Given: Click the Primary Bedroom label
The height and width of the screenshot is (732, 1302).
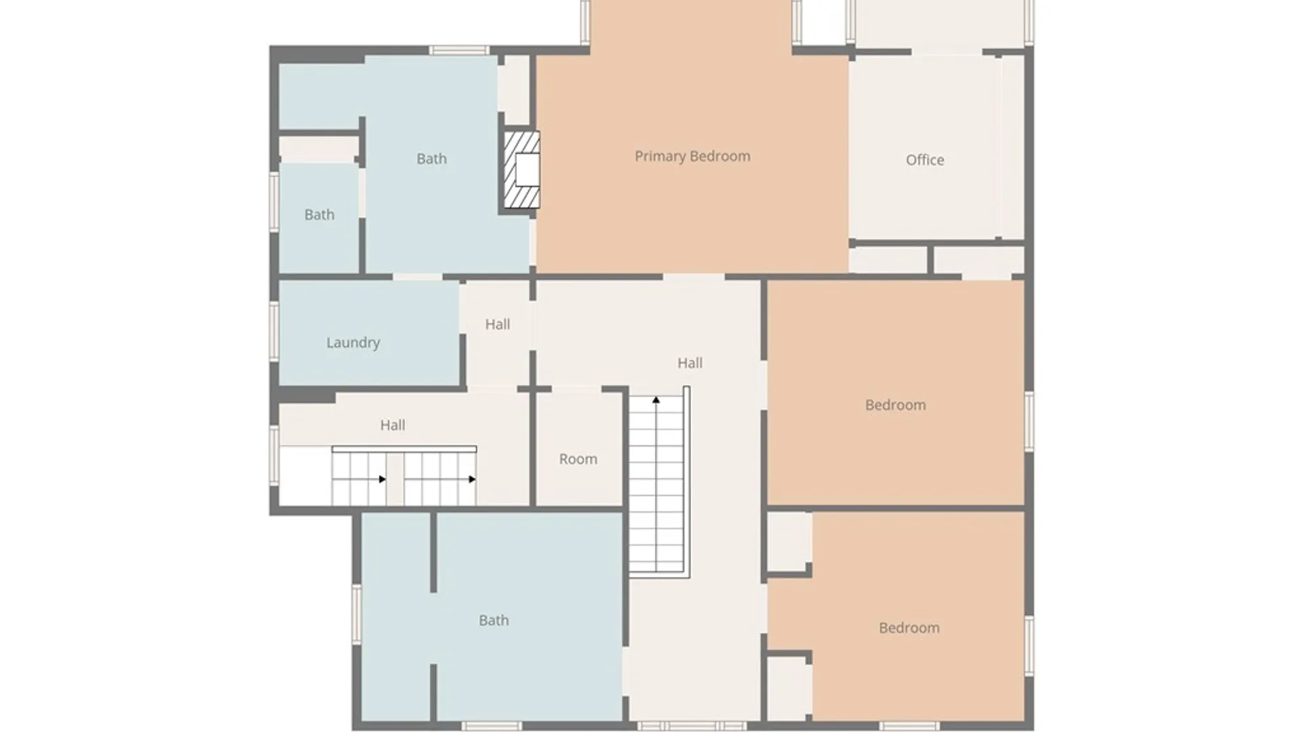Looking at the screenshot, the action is pyautogui.click(x=692, y=157).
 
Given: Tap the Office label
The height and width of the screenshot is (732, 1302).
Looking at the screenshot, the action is pyautogui.click(x=925, y=160).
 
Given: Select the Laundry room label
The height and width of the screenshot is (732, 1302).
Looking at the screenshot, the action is pyautogui.click(x=353, y=343).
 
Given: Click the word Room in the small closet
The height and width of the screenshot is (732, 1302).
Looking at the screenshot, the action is pyautogui.click(x=578, y=459).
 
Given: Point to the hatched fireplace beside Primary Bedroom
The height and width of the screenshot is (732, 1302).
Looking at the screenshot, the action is pyautogui.click(x=521, y=169).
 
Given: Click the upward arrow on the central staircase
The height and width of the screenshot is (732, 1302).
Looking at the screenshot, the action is pyautogui.click(x=656, y=400).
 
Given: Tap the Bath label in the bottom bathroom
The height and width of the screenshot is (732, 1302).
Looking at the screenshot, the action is pyautogui.click(x=494, y=620).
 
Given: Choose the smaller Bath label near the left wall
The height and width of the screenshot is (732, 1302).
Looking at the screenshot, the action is pyautogui.click(x=319, y=215).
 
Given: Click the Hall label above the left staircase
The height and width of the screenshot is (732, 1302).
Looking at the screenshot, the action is pyautogui.click(x=393, y=425).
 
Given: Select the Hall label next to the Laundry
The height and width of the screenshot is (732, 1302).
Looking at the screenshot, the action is pyautogui.click(x=498, y=324).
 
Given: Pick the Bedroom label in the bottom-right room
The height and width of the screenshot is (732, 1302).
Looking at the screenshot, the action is pyautogui.click(x=909, y=628).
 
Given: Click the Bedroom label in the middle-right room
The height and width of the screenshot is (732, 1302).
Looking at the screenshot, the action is pyautogui.click(x=895, y=405).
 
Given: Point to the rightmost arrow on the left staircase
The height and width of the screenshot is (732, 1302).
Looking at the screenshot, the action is pyautogui.click(x=472, y=479).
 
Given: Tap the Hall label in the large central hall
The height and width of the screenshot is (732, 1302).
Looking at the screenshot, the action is pyautogui.click(x=690, y=363).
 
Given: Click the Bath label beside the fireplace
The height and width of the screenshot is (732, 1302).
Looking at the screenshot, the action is pyautogui.click(x=431, y=159).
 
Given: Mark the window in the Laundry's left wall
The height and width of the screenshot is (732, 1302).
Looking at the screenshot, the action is pyautogui.click(x=274, y=331).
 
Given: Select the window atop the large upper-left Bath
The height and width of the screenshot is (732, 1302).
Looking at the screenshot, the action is pyautogui.click(x=459, y=50).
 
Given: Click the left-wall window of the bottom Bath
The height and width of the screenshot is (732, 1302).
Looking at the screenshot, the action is pyautogui.click(x=356, y=614).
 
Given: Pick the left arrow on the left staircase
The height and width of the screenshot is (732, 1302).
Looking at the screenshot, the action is pyautogui.click(x=382, y=479).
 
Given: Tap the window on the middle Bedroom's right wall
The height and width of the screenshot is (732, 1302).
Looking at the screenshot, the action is pyautogui.click(x=1029, y=421).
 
